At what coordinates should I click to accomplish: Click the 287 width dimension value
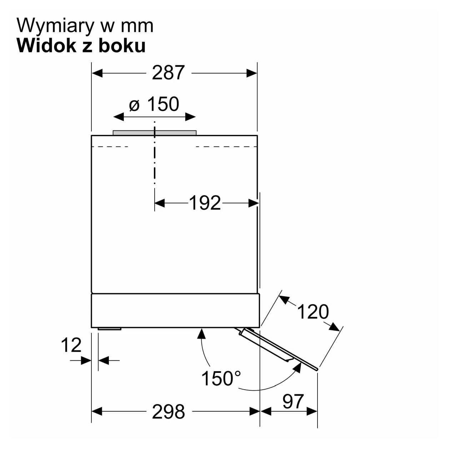click(168, 73)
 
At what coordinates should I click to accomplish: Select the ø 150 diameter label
click(154, 104)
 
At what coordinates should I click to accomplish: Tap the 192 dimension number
click(205, 203)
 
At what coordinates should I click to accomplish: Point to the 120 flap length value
click(313, 312)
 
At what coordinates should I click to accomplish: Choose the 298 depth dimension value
click(169, 411)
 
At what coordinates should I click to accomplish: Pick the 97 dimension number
click(293, 402)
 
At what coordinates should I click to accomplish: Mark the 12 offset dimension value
click(71, 345)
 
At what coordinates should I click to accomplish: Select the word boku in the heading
click(125, 46)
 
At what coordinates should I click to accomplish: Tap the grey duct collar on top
click(155, 132)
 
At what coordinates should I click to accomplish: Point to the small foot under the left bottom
click(110, 329)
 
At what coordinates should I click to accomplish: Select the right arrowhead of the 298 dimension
click(255, 411)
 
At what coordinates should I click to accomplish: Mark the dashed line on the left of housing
click(110, 147)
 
